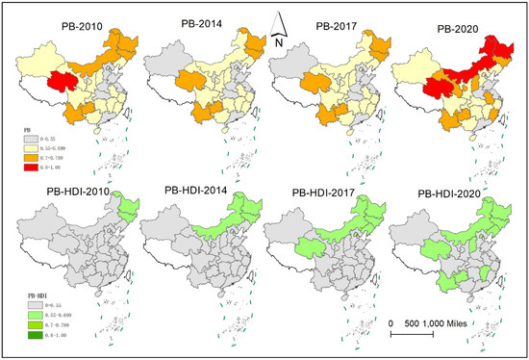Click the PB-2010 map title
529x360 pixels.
point(63,26)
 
